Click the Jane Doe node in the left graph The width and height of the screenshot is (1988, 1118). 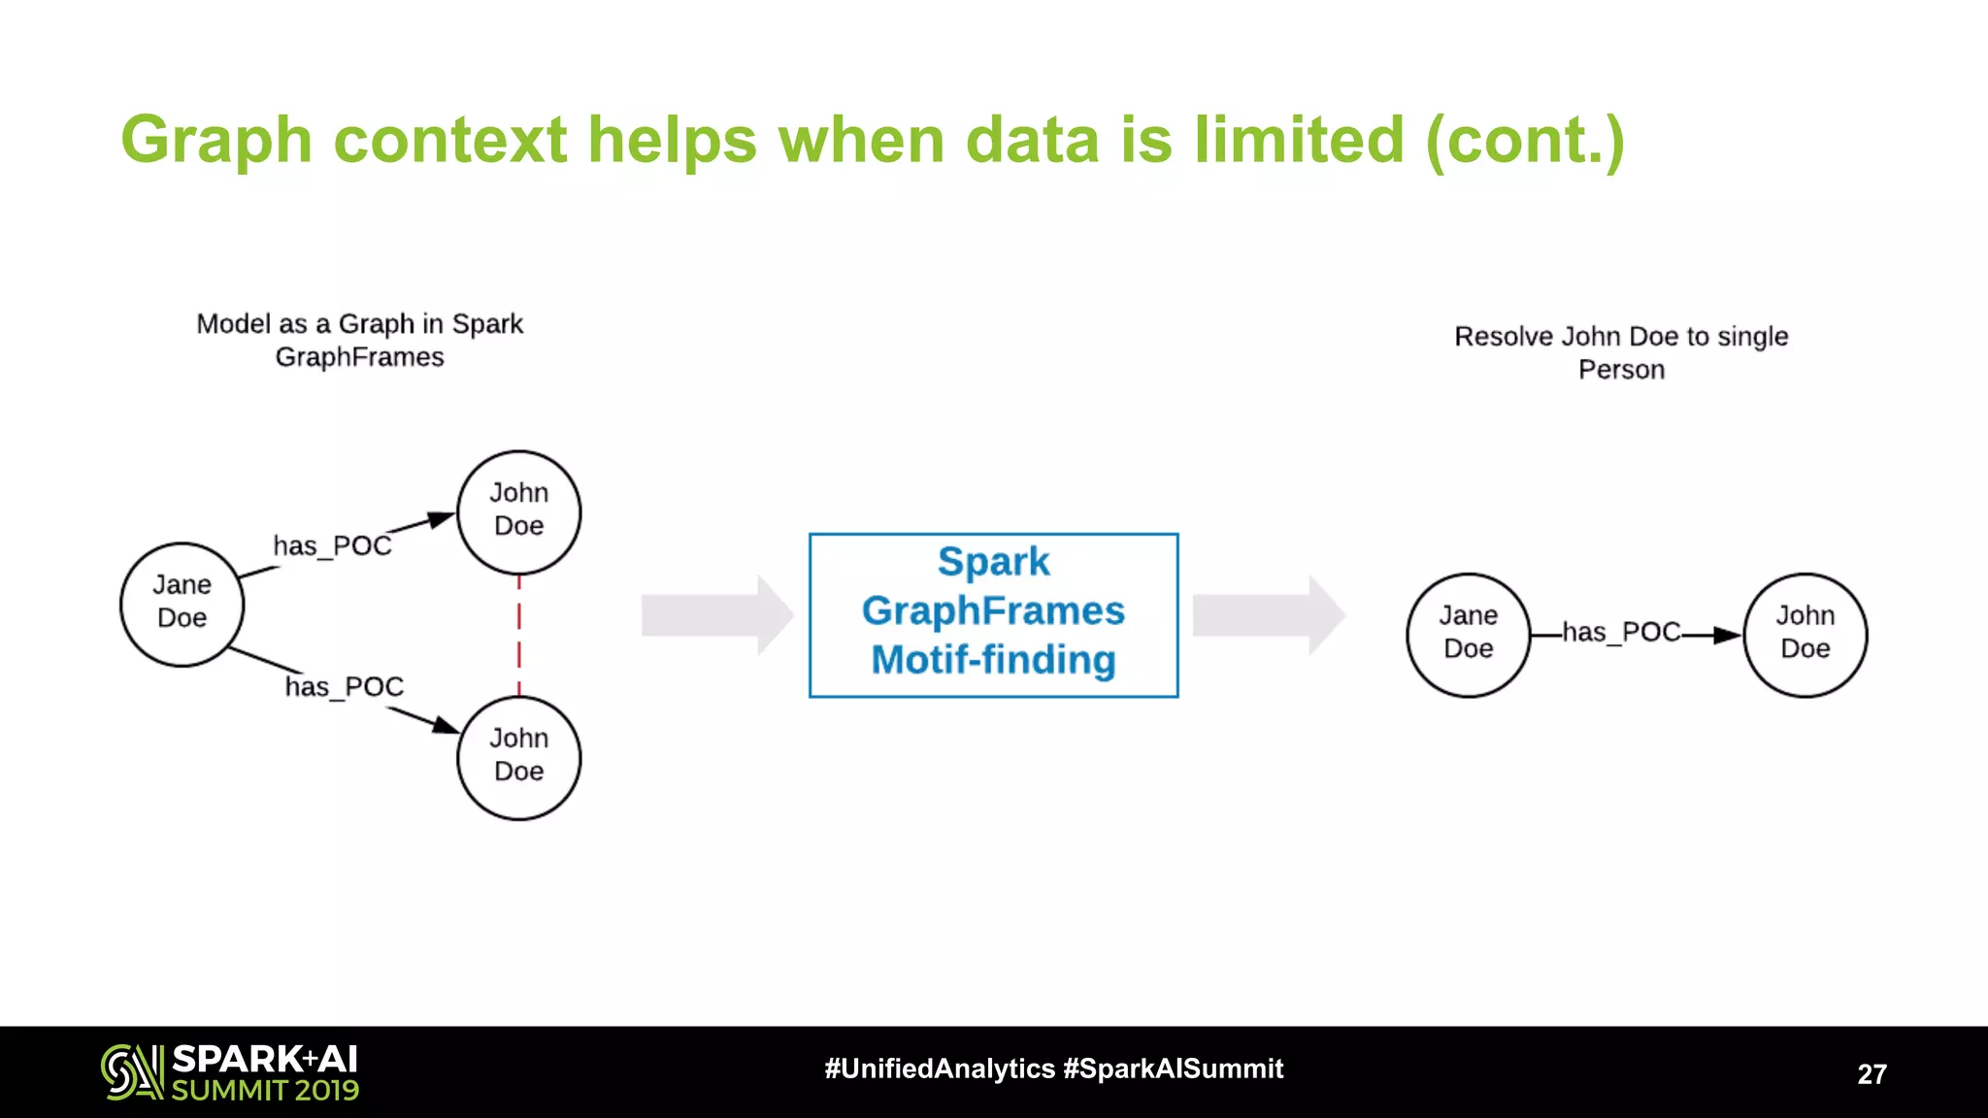click(x=182, y=604)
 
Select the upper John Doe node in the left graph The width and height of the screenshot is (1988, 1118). click(x=518, y=511)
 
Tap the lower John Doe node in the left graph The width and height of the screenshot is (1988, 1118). click(x=518, y=757)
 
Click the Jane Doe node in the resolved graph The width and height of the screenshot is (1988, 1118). click(x=1468, y=635)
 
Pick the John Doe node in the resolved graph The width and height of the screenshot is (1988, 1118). click(x=1805, y=635)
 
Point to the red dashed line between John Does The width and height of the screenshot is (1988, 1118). click(x=519, y=636)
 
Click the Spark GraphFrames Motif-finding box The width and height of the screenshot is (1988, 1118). click(x=993, y=614)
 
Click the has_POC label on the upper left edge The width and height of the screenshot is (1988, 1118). click(x=332, y=546)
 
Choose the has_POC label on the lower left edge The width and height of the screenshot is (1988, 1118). click(x=344, y=687)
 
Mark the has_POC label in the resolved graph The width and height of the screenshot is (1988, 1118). click(x=1621, y=633)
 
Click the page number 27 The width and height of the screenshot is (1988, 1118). click(x=1872, y=1074)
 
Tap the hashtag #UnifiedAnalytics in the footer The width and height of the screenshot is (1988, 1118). click(x=939, y=1069)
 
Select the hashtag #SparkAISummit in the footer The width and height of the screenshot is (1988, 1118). click(x=1173, y=1069)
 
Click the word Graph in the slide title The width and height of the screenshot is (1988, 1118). click(x=215, y=142)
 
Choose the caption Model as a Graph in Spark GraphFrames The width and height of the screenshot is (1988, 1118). click(x=359, y=340)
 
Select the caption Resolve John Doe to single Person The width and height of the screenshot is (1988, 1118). click(x=1621, y=352)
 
